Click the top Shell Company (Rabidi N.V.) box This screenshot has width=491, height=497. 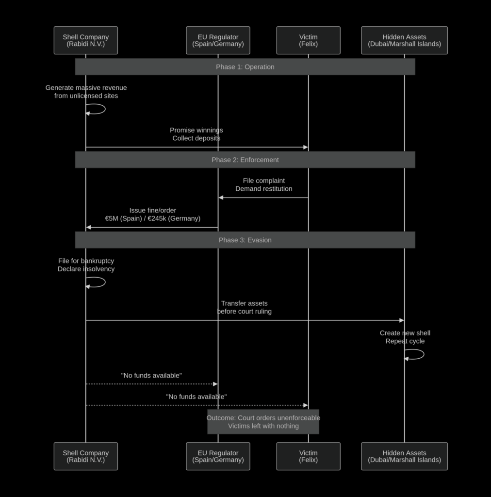pos(85,40)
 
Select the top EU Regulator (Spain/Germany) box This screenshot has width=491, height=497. pos(218,40)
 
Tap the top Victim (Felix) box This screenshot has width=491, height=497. pos(308,40)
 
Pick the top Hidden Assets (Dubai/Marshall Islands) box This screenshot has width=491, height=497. pos(404,40)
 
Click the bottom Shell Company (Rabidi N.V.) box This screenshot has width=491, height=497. pos(85,456)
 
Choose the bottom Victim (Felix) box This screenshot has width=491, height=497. pos(308,456)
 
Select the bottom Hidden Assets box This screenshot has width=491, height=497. pos(404,456)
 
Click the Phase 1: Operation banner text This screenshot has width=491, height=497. pos(245,67)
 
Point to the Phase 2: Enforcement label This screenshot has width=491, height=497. pos(245,160)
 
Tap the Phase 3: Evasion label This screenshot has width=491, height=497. pos(245,240)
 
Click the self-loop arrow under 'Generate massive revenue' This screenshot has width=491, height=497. pos(105,109)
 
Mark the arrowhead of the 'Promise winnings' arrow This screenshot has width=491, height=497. pos(306,147)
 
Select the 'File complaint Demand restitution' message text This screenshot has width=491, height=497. pos(264,184)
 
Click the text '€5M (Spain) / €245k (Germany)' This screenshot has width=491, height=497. pos(153,218)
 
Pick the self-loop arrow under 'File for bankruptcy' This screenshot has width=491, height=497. pos(105,282)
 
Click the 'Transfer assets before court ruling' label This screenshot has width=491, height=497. pos(244,307)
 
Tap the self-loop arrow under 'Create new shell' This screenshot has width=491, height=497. pos(424,354)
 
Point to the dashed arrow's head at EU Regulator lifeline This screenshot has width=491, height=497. pos(215,384)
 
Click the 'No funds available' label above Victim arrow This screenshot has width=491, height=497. pos(196,397)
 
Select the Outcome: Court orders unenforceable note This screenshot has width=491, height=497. pos(263,422)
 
